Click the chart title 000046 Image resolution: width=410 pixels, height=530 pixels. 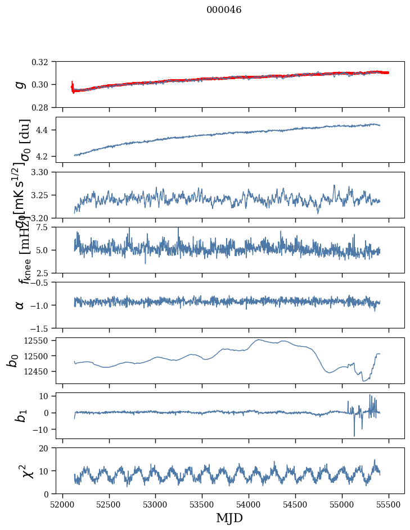[x=224, y=10]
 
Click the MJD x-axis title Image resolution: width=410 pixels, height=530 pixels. [x=229, y=518]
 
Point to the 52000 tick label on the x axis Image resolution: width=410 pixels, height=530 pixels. [x=62, y=503]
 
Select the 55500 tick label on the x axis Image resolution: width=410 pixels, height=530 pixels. [x=389, y=503]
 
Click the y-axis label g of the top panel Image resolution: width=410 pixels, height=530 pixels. [x=20, y=84]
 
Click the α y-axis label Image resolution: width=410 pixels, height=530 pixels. [x=20, y=304]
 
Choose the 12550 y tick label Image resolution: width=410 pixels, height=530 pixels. [x=39, y=341]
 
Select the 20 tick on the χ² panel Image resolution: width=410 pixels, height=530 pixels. [x=47, y=448]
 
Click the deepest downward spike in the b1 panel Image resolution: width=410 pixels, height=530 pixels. [x=354, y=436]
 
